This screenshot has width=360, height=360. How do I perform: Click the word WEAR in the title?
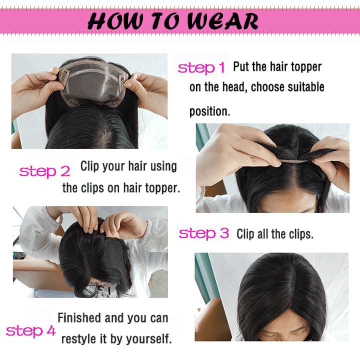(x=223, y=21)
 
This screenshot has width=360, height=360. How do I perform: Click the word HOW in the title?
(x=115, y=21)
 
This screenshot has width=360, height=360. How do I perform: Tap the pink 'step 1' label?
(x=201, y=68)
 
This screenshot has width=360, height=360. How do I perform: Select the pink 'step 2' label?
(x=45, y=171)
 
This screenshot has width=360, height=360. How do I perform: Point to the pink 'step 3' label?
(x=204, y=233)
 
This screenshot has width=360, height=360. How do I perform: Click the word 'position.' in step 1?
(x=209, y=112)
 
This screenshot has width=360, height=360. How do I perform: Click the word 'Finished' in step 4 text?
(x=79, y=318)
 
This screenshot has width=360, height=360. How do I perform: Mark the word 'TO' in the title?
(x=165, y=21)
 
